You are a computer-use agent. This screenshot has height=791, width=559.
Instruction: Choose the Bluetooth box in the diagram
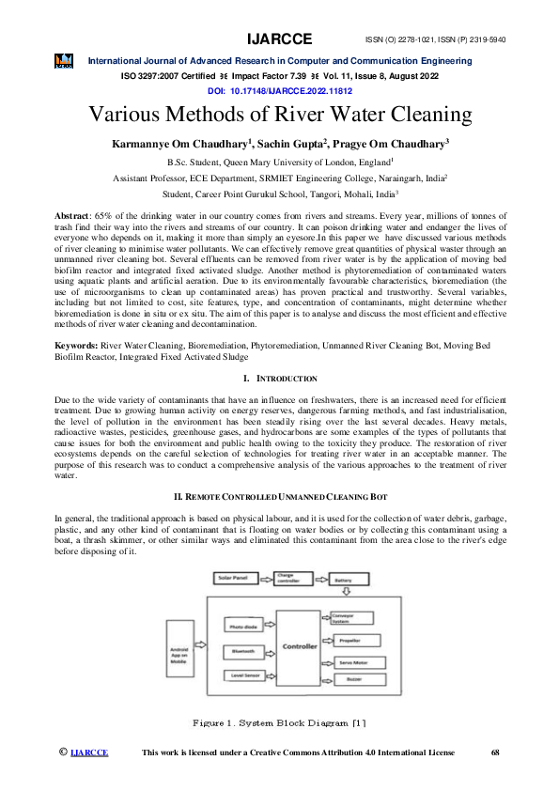click(x=247, y=651)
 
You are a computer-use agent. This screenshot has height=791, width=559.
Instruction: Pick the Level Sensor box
click(x=247, y=675)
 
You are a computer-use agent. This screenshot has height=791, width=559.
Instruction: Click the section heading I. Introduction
click(x=280, y=379)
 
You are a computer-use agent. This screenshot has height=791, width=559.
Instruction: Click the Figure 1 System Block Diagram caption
click(x=279, y=722)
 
